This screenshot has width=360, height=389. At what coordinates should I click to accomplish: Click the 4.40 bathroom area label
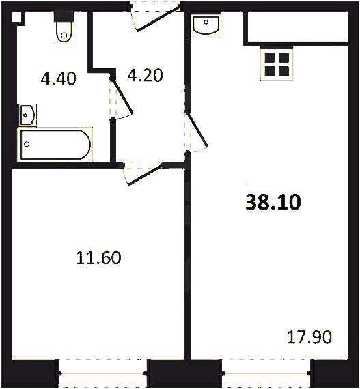58,78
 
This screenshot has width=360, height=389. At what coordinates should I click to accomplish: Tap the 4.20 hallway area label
146,75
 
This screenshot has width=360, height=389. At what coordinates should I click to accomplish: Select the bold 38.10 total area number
273,202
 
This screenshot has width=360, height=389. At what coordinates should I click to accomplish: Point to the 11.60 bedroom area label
98,258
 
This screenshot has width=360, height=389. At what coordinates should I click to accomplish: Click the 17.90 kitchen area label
309,337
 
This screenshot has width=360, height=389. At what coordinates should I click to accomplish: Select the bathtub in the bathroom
55,145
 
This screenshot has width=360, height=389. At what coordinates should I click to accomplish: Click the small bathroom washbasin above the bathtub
27,115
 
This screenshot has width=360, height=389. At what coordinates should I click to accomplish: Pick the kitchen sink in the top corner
206,25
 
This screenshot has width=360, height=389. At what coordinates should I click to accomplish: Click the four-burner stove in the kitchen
277,65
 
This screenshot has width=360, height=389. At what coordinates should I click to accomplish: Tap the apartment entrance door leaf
159,18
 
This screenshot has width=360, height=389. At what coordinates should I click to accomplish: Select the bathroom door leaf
122,96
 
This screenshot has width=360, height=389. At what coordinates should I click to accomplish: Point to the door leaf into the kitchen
197,130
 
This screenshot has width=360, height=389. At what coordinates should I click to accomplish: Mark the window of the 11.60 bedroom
102,373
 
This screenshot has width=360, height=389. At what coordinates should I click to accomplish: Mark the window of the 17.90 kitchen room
266,373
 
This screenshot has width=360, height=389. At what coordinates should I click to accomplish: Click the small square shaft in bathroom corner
16,17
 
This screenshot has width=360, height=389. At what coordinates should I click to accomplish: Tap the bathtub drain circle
27,144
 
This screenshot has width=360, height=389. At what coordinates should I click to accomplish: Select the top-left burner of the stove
270,57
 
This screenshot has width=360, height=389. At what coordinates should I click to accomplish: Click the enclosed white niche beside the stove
298,27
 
